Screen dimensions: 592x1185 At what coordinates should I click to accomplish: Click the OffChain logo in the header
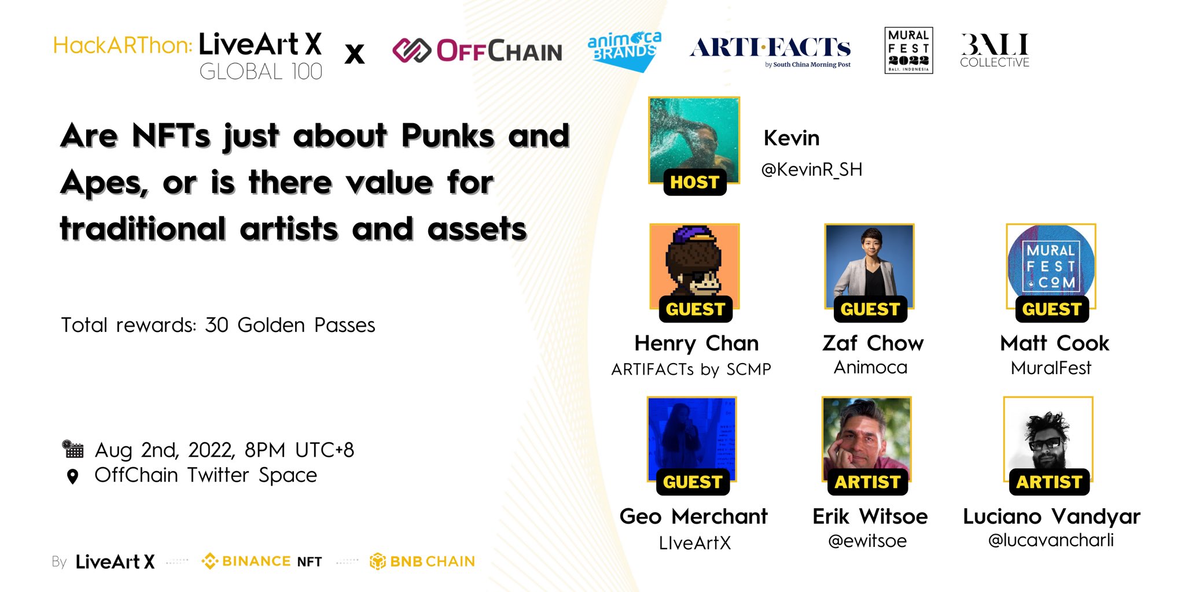477,51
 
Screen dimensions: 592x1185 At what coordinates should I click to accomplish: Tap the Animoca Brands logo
624,50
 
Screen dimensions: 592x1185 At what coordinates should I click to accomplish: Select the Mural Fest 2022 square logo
908,50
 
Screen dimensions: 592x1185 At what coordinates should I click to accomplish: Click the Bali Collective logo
995,50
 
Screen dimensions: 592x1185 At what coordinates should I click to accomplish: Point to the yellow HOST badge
694,182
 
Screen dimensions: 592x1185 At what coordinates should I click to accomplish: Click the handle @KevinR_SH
811,169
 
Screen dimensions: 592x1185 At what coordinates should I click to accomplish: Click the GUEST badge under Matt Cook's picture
1051,309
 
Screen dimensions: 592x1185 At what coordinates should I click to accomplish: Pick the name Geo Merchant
694,516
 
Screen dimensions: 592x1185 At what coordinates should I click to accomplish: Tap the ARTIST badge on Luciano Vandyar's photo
1049,482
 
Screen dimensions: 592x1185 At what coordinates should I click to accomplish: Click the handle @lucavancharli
1051,540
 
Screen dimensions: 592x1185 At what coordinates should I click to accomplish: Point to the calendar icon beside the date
73,449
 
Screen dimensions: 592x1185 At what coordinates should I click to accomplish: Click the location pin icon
72,476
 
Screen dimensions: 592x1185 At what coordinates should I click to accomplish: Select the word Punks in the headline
447,136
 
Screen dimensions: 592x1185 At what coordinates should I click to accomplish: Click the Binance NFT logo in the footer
262,561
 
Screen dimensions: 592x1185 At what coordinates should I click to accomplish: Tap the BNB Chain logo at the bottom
422,561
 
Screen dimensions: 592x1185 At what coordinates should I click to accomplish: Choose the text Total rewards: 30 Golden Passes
218,325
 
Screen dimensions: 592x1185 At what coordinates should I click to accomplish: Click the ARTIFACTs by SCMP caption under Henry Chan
691,369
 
